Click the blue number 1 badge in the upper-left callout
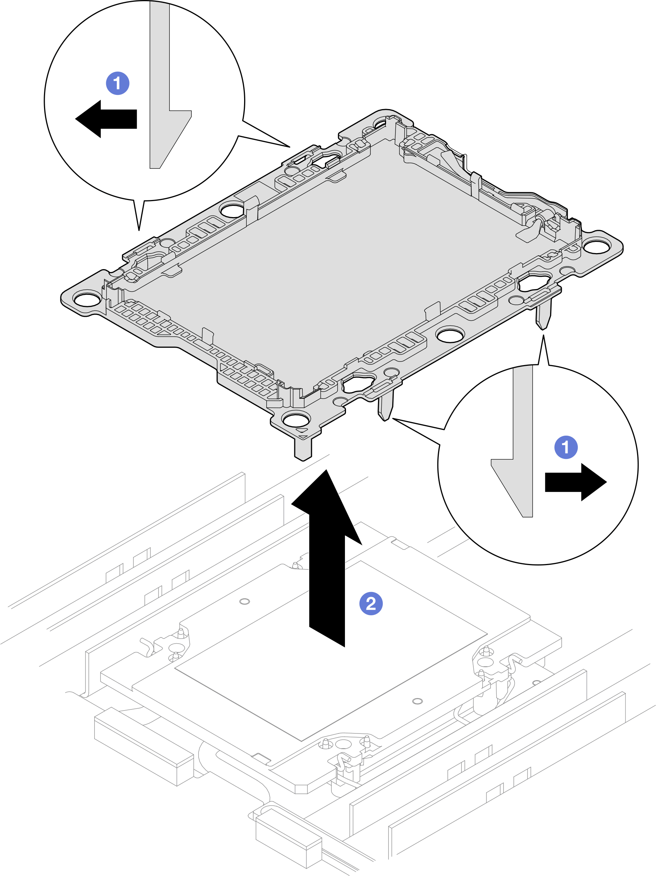[118, 83]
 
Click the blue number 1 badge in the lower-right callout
[566, 447]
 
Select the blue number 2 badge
[371, 603]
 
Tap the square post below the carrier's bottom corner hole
[303, 449]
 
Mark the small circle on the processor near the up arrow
[245, 601]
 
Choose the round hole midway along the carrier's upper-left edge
[232, 209]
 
